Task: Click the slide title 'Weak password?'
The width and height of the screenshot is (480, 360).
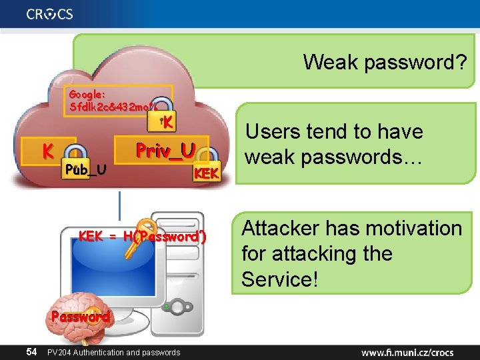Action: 385,63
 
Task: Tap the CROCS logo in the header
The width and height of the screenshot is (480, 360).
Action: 50,13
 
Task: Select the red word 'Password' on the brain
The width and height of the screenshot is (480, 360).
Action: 80,317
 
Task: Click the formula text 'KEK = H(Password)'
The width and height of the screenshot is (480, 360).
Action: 143,236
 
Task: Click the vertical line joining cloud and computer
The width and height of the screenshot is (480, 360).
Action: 120,203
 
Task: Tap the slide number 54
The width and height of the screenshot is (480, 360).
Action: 31,351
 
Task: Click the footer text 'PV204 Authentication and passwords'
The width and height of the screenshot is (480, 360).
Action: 113,352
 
